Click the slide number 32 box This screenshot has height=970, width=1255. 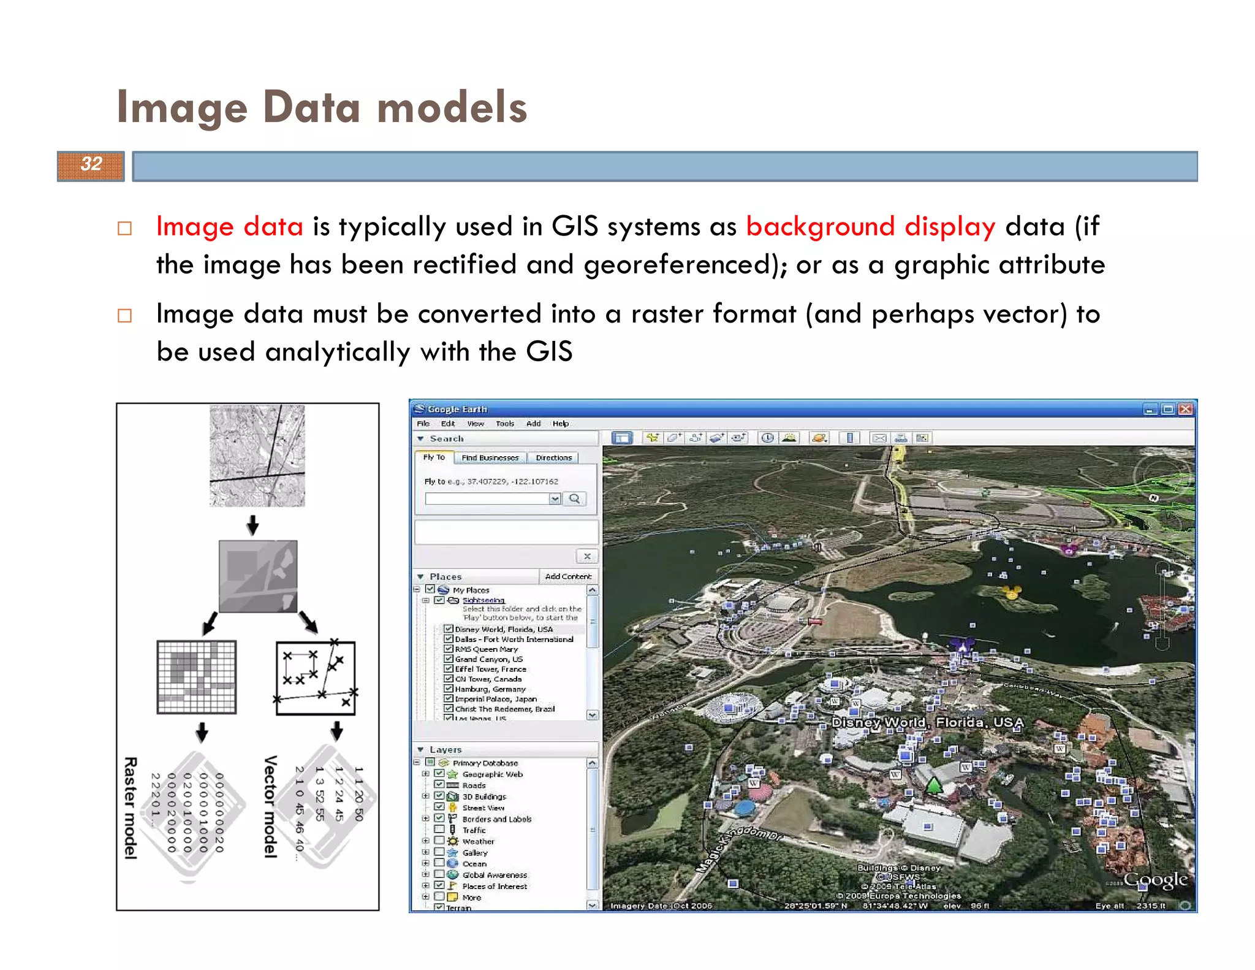point(91,166)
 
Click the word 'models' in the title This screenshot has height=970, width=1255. point(452,107)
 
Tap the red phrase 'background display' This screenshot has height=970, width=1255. point(870,226)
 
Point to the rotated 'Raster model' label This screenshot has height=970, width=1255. point(131,808)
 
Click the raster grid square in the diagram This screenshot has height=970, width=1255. point(197,677)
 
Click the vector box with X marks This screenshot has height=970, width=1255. point(316,678)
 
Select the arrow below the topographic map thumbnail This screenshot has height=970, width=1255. point(252,525)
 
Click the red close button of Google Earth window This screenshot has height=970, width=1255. point(1186,409)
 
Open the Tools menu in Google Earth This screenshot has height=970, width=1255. point(504,424)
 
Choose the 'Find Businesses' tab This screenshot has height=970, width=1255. point(490,457)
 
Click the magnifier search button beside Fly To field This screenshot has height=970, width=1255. point(574,498)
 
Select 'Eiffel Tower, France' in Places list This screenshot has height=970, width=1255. point(490,669)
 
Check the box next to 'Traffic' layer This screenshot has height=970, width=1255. point(439,830)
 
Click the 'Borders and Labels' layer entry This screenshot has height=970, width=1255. point(496,819)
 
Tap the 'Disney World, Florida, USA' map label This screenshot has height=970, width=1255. point(927,722)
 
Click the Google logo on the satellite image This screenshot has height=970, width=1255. point(1155,880)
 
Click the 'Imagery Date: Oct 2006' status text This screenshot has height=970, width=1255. point(661,906)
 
